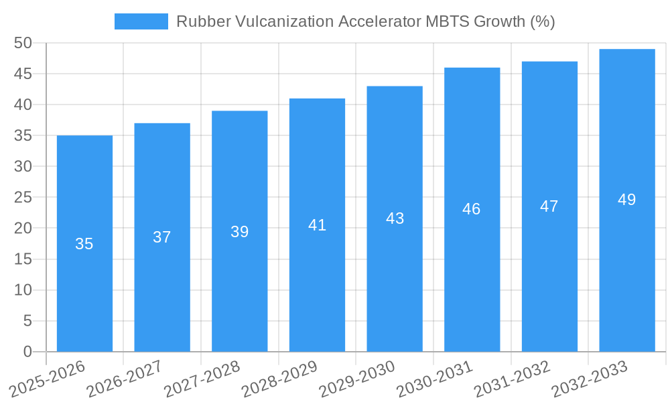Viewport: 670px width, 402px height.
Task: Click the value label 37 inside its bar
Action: (x=162, y=237)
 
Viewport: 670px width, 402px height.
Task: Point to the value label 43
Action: (x=395, y=218)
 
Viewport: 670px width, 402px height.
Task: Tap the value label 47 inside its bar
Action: (x=549, y=206)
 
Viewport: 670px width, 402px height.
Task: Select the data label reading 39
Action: (x=239, y=232)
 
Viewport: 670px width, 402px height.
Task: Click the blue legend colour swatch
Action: (x=141, y=21)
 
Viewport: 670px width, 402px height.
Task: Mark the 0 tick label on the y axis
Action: (x=27, y=352)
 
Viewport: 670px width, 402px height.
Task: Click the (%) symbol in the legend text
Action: (x=542, y=21)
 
